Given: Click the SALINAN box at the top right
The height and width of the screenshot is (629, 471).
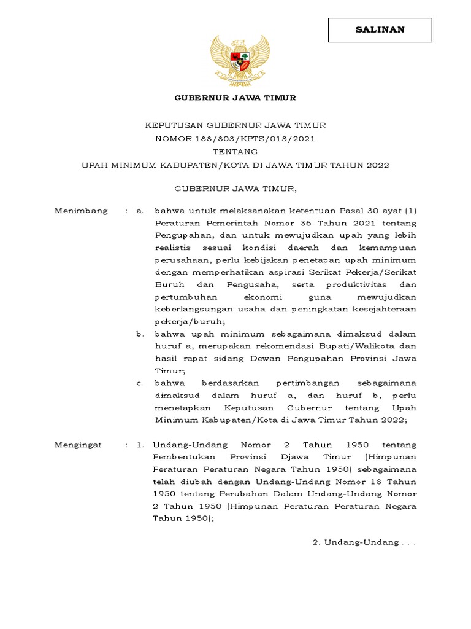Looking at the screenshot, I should point(380,29).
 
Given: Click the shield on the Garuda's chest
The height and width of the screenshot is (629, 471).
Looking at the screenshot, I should point(240,60).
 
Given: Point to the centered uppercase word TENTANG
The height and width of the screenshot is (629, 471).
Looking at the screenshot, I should point(235,152).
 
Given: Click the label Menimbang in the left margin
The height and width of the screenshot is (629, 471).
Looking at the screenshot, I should point(81,211).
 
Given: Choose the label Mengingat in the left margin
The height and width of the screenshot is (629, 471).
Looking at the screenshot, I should point(78,445).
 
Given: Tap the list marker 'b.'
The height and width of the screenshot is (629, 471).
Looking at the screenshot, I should point(140,334).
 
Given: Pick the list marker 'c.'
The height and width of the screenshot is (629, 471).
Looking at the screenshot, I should point(140,383).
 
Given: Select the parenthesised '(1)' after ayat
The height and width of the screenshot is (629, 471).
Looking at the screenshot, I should point(409,211).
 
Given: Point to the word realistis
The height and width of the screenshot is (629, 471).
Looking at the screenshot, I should point(174,248).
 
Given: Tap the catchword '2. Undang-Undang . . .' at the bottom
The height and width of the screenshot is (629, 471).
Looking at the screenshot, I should point(364,543).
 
